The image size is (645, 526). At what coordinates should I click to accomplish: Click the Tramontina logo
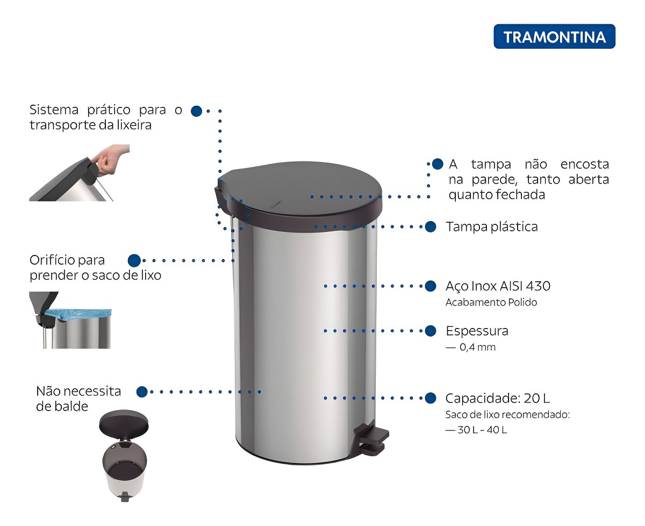(554, 36)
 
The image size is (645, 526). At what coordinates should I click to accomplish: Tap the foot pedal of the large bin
(371, 437)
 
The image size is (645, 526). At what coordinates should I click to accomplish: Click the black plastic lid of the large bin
(298, 193)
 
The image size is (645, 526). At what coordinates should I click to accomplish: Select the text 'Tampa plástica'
(491, 227)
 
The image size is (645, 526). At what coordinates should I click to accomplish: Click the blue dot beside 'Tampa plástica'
(431, 227)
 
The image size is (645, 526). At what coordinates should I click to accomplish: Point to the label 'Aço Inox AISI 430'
(498, 286)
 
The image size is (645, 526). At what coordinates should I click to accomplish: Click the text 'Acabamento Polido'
(491, 302)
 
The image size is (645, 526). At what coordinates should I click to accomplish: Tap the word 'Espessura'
(477, 331)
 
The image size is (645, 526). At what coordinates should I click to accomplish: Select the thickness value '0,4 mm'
(477, 347)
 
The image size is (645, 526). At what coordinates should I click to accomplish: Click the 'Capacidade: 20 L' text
(498, 398)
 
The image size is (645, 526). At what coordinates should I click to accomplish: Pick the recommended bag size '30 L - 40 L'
(482, 430)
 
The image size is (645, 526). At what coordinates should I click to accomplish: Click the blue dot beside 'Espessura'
(431, 331)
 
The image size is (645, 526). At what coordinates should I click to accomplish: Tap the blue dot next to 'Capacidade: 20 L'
(431, 398)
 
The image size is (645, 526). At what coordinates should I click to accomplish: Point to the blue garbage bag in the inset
(78, 315)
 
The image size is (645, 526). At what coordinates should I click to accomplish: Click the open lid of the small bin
(124, 423)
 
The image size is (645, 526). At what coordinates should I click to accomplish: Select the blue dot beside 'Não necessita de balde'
(142, 392)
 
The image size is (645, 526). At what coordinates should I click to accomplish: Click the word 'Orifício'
(52, 260)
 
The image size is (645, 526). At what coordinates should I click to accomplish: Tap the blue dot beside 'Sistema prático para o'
(196, 111)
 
